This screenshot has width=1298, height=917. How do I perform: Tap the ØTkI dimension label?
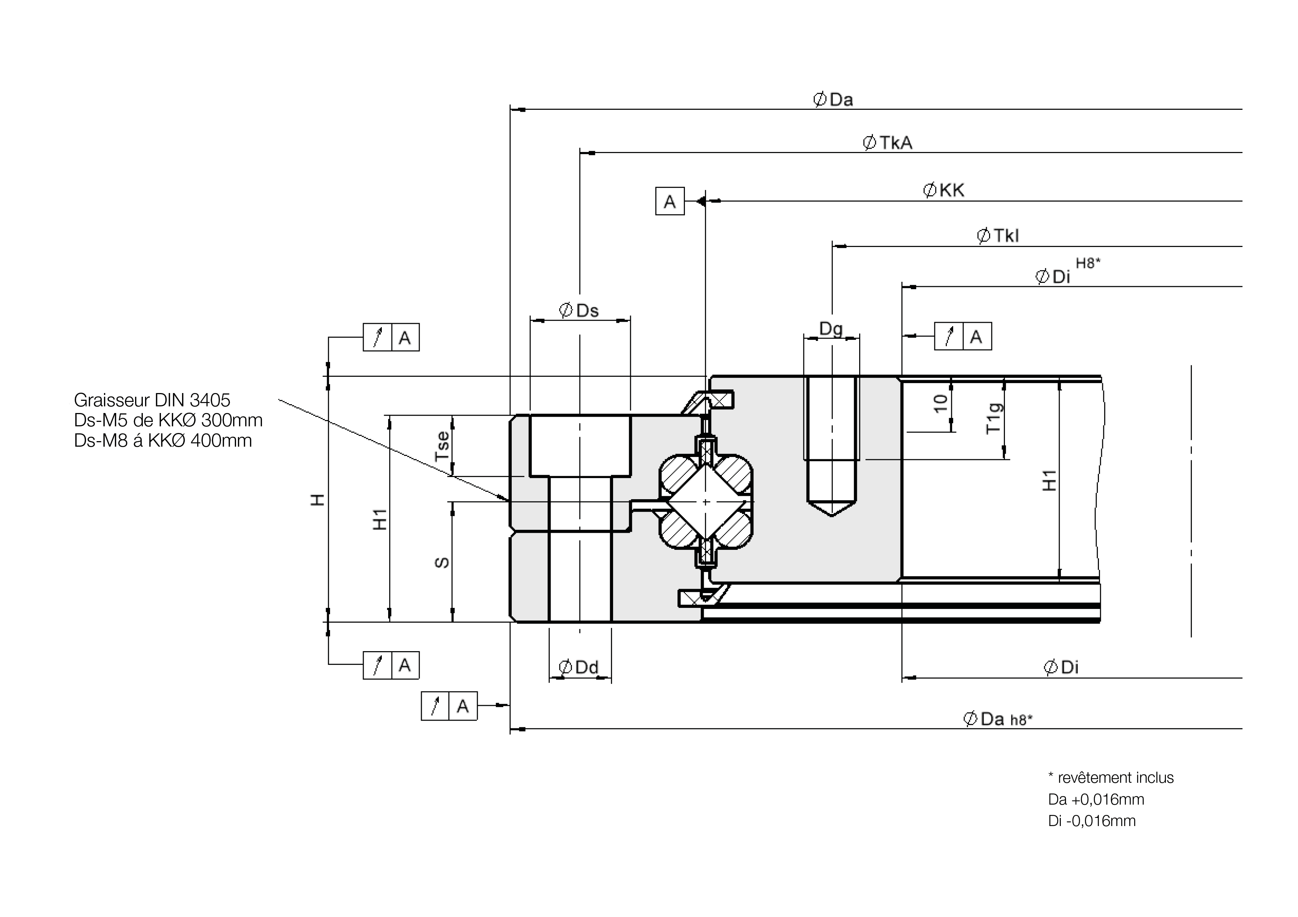tap(998, 236)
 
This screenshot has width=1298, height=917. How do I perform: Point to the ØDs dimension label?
tap(579, 310)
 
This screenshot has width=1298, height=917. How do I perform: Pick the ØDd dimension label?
tap(578, 667)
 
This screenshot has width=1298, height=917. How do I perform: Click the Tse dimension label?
tap(442, 446)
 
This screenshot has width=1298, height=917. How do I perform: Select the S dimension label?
tap(442, 562)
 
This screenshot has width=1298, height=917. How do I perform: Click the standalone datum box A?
tap(670, 201)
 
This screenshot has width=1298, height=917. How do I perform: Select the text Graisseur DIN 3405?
tap(152, 400)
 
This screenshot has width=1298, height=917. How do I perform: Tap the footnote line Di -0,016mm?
tap(1092, 821)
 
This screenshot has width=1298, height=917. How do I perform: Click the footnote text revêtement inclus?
tap(1115, 778)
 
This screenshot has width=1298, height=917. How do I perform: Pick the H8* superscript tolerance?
tap(1088, 263)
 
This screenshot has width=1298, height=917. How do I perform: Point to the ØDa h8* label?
tap(998, 719)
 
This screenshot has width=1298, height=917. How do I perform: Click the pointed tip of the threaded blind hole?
tap(832, 516)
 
